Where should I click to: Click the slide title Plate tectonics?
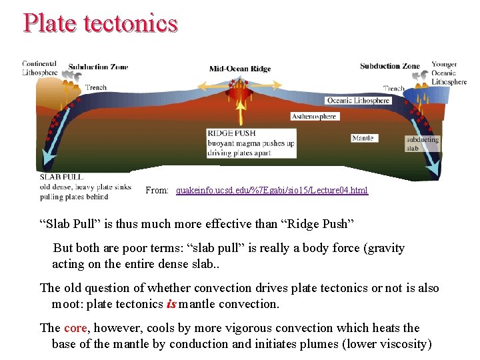pyautogui.click(x=100, y=23)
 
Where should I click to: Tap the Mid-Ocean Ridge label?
pyautogui.click(x=240, y=69)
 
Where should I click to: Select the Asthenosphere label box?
pyautogui.click(x=315, y=116)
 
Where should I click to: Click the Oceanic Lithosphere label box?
pyautogui.click(x=358, y=101)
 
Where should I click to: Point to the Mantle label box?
pyautogui.click(x=363, y=138)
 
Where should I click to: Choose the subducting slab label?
pyautogui.click(x=422, y=144)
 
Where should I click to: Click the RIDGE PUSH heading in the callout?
pyautogui.click(x=231, y=133)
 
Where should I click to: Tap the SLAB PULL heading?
pyautogui.click(x=61, y=177)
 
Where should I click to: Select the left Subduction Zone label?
pyautogui.click(x=98, y=67)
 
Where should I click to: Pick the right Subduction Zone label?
pyautogui.click(x=390, y=66)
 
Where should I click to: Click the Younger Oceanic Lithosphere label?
pyautogui.click(x=449, y=73)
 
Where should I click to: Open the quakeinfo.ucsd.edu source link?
pyautogui.click(x=272, y=191)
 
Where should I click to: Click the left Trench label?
pyautogui.click(x=95, y=87)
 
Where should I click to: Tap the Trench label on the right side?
pyautogui.click(x=394, y=88)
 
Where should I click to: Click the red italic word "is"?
pyautogui.click(x=170, y=304)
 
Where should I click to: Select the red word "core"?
pyautogui.click(x=75, y=328)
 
